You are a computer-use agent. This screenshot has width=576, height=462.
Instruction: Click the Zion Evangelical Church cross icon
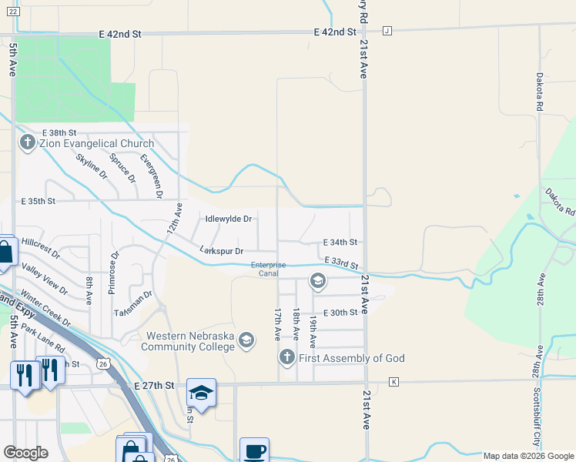click(28, 142)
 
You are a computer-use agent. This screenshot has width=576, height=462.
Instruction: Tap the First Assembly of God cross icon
click(286, 357)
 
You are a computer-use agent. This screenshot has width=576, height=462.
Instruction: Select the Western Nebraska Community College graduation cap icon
click(246, 340)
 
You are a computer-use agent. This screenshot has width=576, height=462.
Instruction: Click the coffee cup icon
click(254, 450)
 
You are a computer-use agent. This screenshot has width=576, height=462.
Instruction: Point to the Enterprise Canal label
click(269, 268)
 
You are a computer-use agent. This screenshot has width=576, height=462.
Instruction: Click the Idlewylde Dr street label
click(229, 219)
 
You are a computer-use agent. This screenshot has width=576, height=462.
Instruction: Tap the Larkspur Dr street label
click(221, 251)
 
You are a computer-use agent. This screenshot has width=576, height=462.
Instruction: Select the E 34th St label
click(340, 242)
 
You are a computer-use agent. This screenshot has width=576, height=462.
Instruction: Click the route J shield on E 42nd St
click(387, 31)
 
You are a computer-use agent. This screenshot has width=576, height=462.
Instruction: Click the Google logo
click(25, 453)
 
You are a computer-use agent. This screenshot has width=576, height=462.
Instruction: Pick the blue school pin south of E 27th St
click(201, 393)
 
